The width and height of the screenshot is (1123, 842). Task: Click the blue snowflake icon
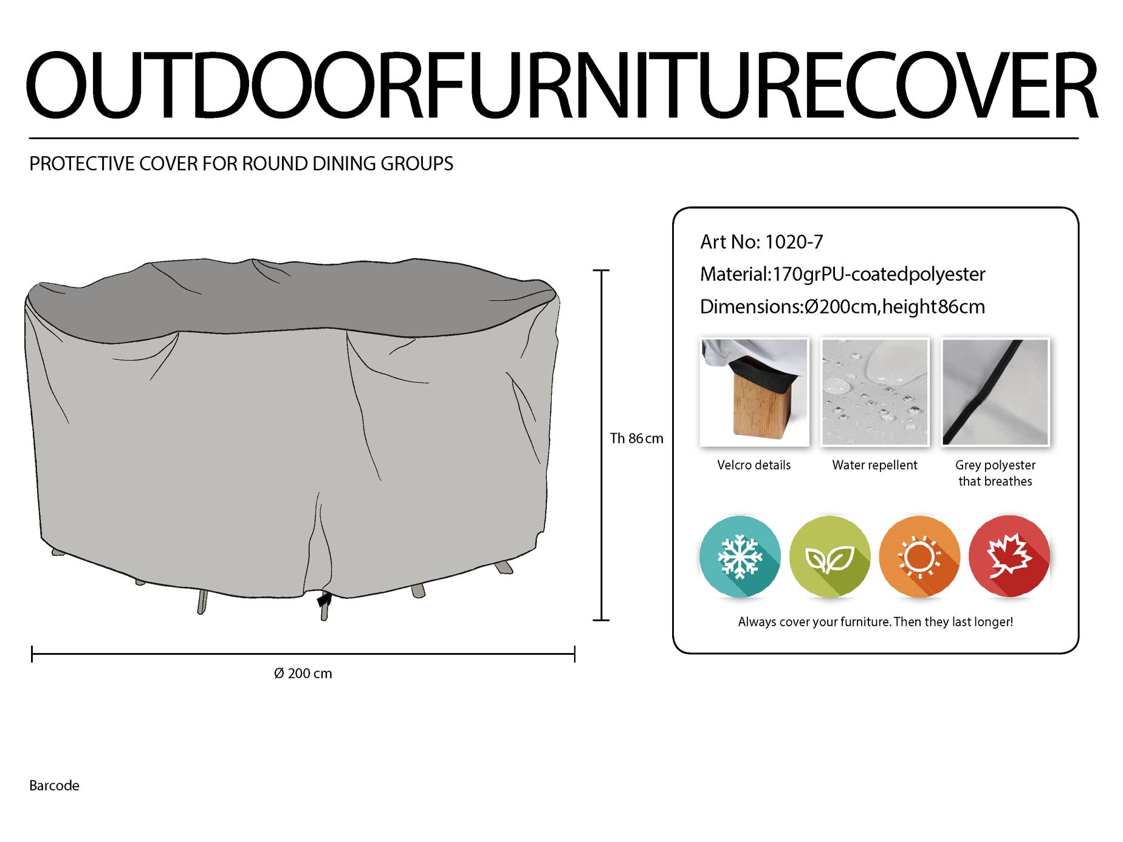pos(740,556)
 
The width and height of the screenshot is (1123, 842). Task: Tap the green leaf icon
pos(830,556)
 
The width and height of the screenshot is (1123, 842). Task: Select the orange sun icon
pos(919,556)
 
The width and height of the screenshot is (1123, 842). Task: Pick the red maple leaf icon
pos(1009,556)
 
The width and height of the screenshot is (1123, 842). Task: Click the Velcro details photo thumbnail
pos(754,392)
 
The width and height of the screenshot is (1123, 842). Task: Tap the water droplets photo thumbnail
pos(875,392)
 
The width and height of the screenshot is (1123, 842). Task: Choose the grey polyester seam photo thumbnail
pos(995,392)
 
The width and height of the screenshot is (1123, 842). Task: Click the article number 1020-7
pos(794,242)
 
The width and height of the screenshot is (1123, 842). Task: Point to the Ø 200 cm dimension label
pos(303,673)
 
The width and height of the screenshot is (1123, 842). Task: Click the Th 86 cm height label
pos(636,439)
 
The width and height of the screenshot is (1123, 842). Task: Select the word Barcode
pos(54,786)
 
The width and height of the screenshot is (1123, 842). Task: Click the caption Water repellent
pos(874,465)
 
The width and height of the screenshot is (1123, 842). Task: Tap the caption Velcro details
pos(754,465)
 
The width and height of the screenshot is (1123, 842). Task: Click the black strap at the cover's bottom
pos(325,599)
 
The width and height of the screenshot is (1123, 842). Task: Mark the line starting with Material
pos(842,275)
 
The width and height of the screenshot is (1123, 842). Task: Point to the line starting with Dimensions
pos(842,307)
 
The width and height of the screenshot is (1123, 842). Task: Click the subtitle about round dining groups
pos(241,164)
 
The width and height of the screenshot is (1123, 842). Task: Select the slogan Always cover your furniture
pos(875,622)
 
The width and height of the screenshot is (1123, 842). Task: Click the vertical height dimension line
pos(601,445)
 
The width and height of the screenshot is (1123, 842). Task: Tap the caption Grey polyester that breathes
pos(995,473)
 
